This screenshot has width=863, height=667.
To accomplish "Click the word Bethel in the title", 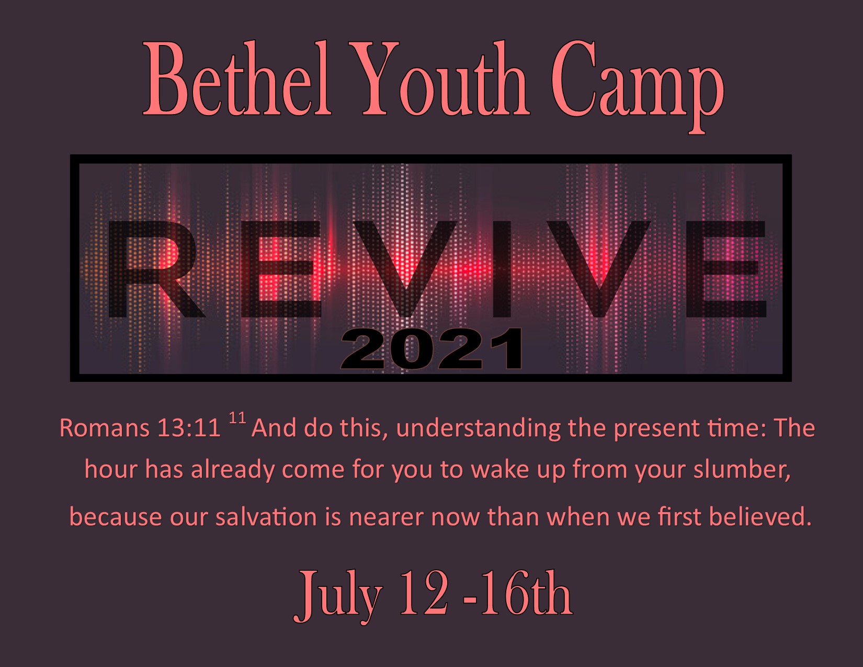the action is coord(237,78).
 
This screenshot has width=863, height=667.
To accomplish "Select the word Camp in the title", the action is coord(638,87).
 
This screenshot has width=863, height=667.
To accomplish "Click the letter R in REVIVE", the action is coord(156,269).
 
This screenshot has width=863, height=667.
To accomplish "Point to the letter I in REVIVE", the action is coord(502,269).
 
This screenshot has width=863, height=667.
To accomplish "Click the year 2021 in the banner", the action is coord(432,349).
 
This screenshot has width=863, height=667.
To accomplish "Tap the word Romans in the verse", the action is coord(105,428).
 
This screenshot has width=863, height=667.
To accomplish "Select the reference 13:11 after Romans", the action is coord(189,428).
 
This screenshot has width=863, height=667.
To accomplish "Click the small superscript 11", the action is coord(237,419).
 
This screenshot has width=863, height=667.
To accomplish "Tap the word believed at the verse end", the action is coord(760,517).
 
